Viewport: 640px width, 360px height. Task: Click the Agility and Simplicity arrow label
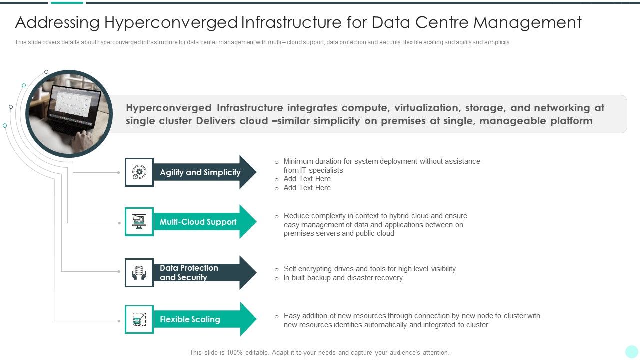(x=200, y=172)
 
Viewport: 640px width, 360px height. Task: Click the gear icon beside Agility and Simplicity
(x=139, y=172)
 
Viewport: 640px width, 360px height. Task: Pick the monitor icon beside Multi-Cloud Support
(x=139, y=221)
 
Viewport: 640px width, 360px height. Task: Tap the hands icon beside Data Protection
(x=139, y=273)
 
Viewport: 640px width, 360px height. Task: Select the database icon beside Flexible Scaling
(x=139, y=319)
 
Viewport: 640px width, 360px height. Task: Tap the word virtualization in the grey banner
(x=426, y=108)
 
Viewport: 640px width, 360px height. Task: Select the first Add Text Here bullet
(x=307, y=179)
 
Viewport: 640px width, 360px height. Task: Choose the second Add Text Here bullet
(x=307, y=188)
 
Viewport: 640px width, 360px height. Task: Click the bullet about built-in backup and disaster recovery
(x=343, y=278)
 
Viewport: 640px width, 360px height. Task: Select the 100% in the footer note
(x=235, y=352)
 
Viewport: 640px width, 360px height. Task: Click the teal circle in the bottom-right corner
(x=632, y=352)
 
